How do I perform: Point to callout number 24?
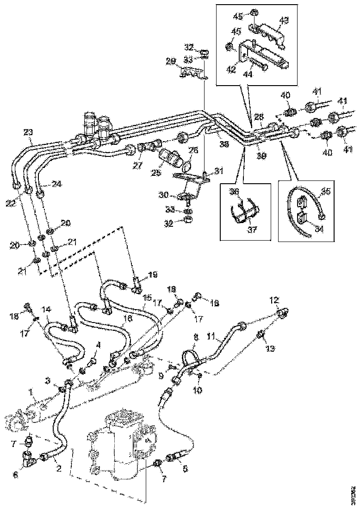click(x=56, y=183)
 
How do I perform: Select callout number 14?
click(x=46, y=309)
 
